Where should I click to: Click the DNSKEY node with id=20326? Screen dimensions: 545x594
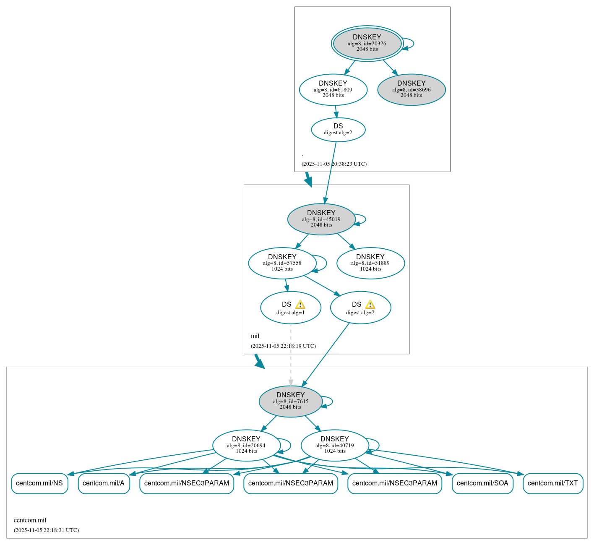[x=367, y=43]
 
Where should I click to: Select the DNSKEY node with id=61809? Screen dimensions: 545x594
[x=333, y=89]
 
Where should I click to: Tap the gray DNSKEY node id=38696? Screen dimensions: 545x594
[x=411, y=89]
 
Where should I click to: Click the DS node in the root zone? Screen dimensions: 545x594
[x=338, y=130]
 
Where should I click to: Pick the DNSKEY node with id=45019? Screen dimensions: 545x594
[x=321, y=219]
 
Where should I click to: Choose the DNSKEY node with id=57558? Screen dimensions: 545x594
[x=282, y=263]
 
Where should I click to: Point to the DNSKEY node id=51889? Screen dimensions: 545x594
[x=370, y=263]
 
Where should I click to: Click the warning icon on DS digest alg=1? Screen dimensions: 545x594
[x=300, y=305]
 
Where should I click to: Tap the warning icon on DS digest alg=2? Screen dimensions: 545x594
[x=370, y=305]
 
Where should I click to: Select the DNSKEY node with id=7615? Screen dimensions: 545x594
[x=290, y=401]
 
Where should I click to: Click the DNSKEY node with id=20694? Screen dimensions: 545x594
[x=246, y=445]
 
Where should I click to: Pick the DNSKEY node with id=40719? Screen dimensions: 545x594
[x=335, y=445]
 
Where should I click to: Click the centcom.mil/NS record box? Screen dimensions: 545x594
[x=39, y=483]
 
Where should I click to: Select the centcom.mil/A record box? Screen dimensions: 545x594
[x=104, y=483]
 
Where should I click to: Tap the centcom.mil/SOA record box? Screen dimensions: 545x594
[x=482, y=483]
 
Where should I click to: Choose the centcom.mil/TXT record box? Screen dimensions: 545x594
[x=553, y=483]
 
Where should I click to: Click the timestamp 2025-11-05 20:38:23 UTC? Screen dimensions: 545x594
[x=334, y=164]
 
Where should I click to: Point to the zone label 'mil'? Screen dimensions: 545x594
[x=255, y=336]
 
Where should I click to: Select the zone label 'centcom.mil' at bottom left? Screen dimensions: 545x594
[x=30, y=520]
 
